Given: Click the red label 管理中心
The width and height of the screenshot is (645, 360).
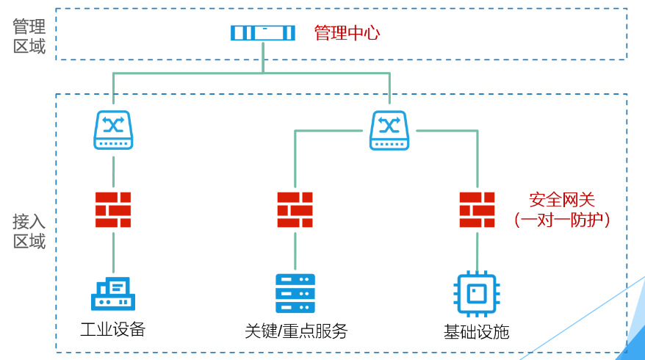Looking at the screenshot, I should (347, 33).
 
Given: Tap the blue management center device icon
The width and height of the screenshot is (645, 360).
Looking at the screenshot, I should (262, 33).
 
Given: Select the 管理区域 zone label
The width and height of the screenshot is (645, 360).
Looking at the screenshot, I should (29, 37).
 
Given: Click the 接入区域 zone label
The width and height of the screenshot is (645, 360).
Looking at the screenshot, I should (29, 231).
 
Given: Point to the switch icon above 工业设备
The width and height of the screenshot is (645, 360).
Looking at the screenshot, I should (113, 130).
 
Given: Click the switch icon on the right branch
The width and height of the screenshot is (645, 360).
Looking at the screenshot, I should (389, 130).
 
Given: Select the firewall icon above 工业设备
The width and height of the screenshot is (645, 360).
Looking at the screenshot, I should (113, 209).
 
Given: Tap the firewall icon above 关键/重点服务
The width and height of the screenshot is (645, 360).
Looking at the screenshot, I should (295, 209).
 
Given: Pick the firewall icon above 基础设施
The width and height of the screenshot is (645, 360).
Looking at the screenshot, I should (477, 209).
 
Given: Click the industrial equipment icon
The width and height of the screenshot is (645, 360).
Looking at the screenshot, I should (113, 293).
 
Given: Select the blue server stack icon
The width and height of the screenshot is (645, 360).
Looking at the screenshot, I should (295, 293).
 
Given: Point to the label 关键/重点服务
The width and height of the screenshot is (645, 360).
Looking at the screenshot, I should (295, 331).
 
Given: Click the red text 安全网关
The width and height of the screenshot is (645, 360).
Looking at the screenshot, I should (562, 199).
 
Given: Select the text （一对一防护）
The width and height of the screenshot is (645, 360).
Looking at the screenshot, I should (562, 219).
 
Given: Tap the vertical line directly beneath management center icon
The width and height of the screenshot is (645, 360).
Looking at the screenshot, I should (263, 57).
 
